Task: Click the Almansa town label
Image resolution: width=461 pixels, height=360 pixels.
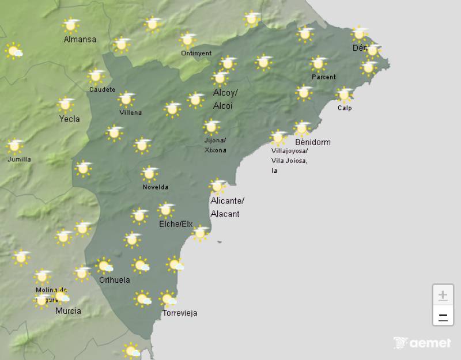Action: tap(80, 40)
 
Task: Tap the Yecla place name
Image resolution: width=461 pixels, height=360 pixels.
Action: tap(69, 119)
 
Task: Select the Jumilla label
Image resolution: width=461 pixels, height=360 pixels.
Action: tap(19, 160)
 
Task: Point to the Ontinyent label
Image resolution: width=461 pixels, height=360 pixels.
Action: tap(196, 53)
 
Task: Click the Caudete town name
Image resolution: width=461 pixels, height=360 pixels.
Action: tap(102, 90)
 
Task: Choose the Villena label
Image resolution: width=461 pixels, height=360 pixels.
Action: tap(130, 112)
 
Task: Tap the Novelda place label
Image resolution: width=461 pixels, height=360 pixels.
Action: tap(156, 187)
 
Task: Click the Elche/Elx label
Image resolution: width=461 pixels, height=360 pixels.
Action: tap(175, 224)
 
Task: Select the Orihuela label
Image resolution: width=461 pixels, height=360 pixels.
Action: tap(114, 281)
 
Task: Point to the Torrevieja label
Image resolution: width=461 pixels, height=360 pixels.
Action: tap(180, 313)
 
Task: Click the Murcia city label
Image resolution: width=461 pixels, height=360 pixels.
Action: tap(68, 311)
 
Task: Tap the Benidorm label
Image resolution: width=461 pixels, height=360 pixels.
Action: tap(312, 142)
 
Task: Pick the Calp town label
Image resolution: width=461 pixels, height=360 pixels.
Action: tap(345, 108)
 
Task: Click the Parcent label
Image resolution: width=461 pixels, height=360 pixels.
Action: tap(323, 77)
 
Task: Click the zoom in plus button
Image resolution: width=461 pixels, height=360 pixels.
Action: tap(443, 295)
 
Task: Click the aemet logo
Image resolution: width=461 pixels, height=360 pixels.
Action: tap(422, 343)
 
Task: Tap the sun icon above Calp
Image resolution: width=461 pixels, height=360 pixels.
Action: tap(345, 94)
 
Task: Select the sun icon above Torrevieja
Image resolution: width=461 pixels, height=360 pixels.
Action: tap(168, 299)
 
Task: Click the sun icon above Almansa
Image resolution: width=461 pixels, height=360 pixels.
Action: tap(71, 25)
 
